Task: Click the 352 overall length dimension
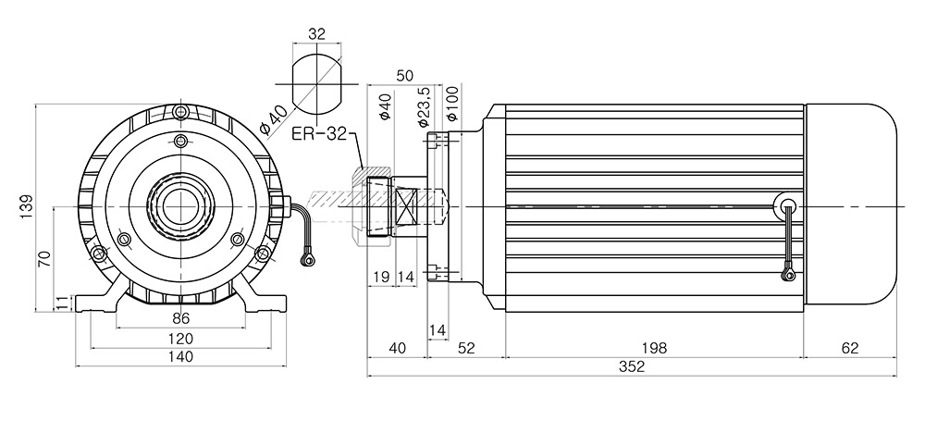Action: coord(632,366)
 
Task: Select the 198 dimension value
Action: coord(655,349)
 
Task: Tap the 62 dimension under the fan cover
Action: coord(850,349)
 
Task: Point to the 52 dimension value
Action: coord(466,349)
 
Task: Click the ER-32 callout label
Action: coord(319,134)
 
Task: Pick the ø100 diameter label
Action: coord(453,104)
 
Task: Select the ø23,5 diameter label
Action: coord(422,106)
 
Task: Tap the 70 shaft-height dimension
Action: coord(45,259)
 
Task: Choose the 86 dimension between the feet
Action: coord(181,319)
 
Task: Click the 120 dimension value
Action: coord(181,339)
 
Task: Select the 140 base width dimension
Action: coord(181,356)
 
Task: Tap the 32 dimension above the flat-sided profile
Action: coord(316,33)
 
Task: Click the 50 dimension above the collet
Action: coord(405,76)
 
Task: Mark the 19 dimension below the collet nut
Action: coord(380,277)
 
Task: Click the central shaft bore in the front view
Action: coord(180,207)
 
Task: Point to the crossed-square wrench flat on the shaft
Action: coord(406,206)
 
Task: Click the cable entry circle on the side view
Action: coord(788,206)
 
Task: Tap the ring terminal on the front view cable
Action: coord(306,259)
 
